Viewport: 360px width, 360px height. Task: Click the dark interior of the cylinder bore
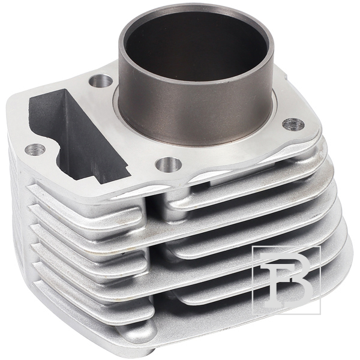pos(195,46)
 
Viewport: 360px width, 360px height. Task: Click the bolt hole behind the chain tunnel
pos(101,81)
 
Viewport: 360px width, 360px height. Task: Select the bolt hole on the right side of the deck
pos(293,125)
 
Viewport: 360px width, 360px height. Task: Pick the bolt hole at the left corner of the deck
pos(35,150)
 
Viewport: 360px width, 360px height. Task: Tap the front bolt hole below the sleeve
pos(168,164)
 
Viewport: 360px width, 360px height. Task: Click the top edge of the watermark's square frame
pos(286,247)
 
